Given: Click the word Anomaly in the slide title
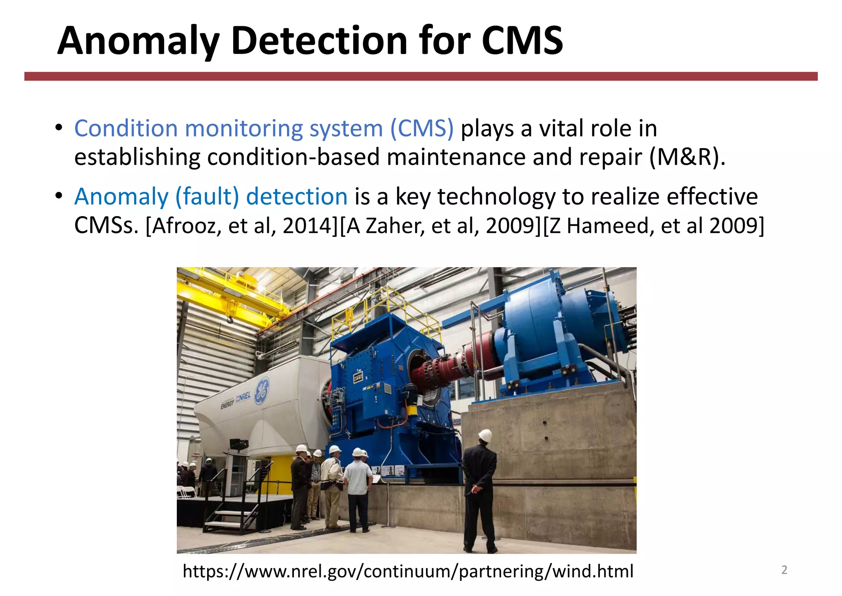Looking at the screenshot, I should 138,41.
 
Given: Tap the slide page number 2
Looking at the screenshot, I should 784,570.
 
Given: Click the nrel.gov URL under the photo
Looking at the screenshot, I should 408,571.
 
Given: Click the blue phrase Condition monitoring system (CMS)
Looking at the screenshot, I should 264,128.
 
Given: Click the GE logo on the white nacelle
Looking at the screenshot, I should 262,390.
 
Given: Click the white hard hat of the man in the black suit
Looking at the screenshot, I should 486,435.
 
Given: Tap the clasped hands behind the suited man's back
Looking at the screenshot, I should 476,489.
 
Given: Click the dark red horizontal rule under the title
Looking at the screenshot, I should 421,76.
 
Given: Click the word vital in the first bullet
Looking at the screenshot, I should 561,128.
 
